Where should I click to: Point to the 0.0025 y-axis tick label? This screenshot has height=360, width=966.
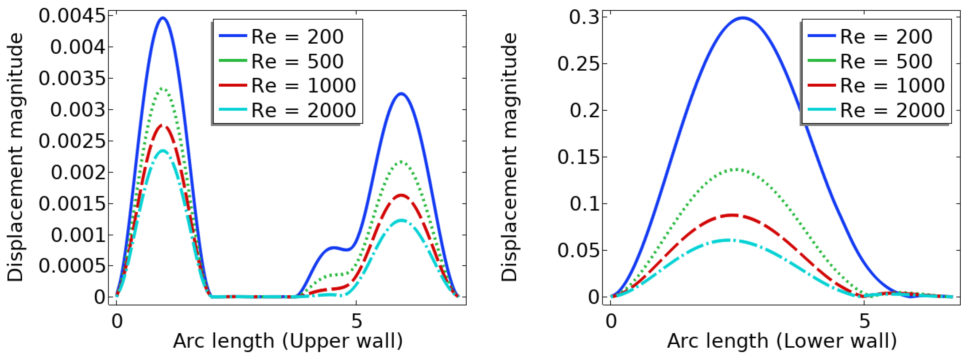coord(72,142)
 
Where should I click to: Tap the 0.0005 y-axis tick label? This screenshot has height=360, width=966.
coord(72,266)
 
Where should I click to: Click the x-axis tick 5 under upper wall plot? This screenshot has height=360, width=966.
coord(356,321)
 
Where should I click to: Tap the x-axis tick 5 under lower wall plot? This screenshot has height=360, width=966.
coord(864,321)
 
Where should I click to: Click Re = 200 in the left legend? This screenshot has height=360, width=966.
coord(297,37)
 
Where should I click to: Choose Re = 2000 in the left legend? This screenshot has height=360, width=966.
coord(303,110)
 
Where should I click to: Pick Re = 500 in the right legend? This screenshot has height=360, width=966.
coord(886,62)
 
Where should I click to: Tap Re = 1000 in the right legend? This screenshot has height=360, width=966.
coord(892,86)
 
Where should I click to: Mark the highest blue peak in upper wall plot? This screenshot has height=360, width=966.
coord(163,18)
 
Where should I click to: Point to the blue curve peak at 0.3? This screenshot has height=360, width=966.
coord(742,18)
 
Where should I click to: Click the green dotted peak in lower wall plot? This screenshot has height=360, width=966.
coord(737,170)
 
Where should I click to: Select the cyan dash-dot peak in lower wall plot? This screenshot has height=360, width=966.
coord(729,240)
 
